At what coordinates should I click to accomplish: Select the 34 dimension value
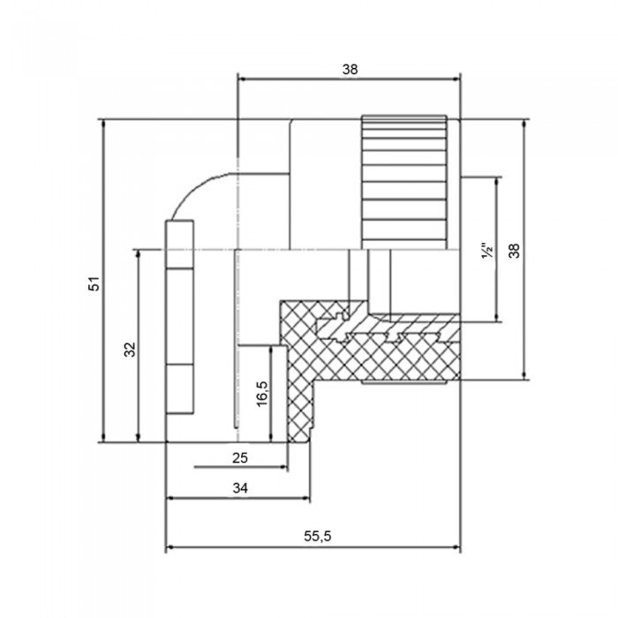[x=239, y=487]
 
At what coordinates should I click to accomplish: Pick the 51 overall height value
[x=95, y=283]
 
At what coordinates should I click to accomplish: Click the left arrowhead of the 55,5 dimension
[x=170, y=547]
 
